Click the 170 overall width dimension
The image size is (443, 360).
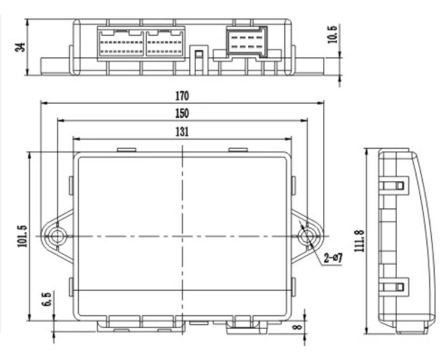(182, 96)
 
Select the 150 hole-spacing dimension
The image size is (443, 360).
(182, 114)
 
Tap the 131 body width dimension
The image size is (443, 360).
(182, 132)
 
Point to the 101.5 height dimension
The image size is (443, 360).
(22, 236)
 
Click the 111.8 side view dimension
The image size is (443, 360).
(359, 241)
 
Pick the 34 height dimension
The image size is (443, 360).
(20, 47)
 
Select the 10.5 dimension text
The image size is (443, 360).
(333, 34)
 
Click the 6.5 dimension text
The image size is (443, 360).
(47, 299)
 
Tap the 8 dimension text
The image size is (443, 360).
(298, 327)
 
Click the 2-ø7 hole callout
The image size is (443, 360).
(333, 258)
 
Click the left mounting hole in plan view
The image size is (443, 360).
(57, 236)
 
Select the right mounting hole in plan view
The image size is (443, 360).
(307, 236)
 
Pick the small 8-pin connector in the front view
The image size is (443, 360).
(247, 41)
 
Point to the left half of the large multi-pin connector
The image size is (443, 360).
(121, 43)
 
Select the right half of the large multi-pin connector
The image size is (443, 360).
(165, 43)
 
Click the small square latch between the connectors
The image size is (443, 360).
(199, 54)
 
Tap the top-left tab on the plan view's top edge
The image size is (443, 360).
(127, 150)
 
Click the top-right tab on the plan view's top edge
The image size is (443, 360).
(238, 150)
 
